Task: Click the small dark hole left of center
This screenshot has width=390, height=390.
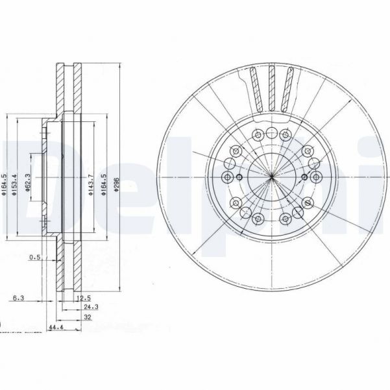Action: (x=239, y=178)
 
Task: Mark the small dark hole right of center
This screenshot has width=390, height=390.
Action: (x=302, y=178)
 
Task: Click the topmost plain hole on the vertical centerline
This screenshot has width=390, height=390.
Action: (x=271, y=132)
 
